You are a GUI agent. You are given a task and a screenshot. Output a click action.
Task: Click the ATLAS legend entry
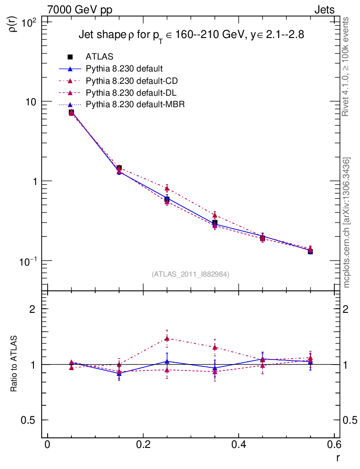(x=100, y=57)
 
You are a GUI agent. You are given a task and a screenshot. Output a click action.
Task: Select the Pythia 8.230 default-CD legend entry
(x=131, y=81)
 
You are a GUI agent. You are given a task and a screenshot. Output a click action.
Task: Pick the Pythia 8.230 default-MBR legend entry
(x=135, y=105)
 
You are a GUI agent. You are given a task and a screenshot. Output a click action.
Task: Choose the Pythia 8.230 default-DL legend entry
(x=131, y=93)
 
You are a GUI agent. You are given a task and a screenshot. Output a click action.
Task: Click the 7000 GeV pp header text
(x=80, y=10)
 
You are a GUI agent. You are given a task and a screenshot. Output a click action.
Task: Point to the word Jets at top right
(x=324, y=10)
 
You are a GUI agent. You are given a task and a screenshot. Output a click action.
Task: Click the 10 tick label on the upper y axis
(x=31, y=102)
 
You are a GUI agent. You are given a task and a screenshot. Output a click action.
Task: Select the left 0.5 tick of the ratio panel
(x=30, y=420)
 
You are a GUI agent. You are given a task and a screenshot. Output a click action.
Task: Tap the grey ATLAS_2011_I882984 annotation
(x=191, y=274)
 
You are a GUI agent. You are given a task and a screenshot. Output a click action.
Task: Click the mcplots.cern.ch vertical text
(x=347, y=223)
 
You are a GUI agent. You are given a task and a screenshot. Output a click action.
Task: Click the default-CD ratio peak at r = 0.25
(x=167, y=338)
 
